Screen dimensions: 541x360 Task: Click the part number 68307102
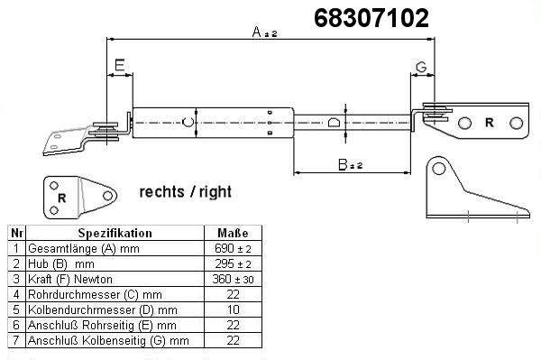tap(371, 18)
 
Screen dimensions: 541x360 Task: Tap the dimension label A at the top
tap(257, 32)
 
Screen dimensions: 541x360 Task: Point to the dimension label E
tap(119, 65)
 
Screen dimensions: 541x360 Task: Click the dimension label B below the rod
tap(343, 164)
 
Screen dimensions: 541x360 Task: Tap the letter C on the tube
tap(188, 122)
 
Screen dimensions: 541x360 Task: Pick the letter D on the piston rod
tap(334, 123)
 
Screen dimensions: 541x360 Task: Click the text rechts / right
tap(185, 192)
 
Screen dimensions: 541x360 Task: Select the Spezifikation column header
tap(115, 234)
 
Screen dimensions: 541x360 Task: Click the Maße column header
tap(233, 233)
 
